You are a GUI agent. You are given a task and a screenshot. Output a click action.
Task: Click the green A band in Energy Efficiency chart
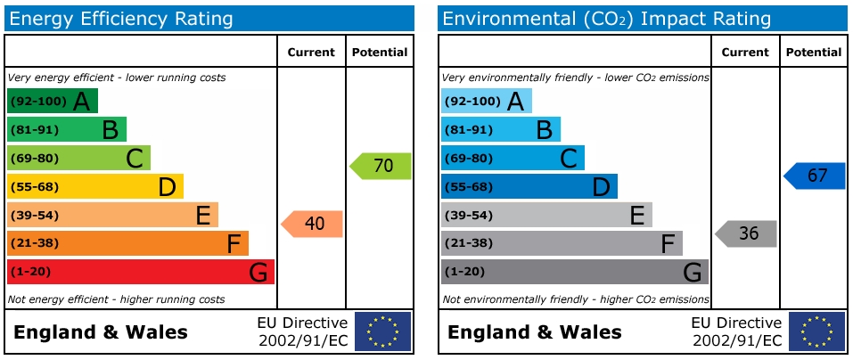[53, 101]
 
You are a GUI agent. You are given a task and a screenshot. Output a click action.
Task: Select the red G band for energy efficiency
[140, 272]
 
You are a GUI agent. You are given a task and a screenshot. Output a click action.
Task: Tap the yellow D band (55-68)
[94, 186]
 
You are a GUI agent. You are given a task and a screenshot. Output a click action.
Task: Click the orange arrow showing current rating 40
[313, 224]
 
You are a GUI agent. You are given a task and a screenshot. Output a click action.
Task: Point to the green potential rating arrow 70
[381, 166]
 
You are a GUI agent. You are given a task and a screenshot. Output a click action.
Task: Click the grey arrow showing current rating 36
[747, 233]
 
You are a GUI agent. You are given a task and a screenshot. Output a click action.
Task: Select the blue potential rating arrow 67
[816, 176]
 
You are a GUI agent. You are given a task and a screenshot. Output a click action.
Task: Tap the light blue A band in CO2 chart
[486, 101]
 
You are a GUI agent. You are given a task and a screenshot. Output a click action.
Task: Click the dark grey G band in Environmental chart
[574, 272]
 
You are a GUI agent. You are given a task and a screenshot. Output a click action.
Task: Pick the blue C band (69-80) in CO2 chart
[513, 158]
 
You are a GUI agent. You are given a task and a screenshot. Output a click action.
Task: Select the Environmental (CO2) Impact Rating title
[606, 19]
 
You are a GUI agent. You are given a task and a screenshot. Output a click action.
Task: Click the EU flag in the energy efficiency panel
[382, 331]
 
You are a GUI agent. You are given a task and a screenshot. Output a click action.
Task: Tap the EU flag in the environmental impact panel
[816, 331]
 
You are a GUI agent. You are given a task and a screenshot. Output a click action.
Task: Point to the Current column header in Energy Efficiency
[311, 53]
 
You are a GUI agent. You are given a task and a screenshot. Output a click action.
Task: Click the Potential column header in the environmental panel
[814, 53]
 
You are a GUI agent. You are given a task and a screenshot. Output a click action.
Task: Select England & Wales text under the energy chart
[101, 332]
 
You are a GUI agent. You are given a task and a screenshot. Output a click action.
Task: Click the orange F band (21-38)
[127, 243]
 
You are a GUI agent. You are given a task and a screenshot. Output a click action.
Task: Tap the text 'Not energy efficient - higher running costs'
[116, 299]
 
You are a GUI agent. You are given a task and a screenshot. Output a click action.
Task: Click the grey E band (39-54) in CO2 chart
[546, 215]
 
